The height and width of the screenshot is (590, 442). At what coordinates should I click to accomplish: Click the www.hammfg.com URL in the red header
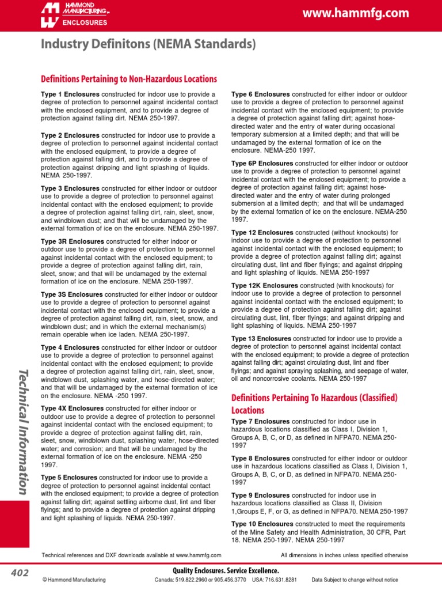tap(364, 13)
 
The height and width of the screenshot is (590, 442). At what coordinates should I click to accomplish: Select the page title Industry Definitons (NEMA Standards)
tap(148, 44)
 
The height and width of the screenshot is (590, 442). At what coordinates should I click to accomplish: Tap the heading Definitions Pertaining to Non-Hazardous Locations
tap(128, 79)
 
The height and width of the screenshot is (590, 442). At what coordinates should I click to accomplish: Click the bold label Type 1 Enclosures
tap(70, 94)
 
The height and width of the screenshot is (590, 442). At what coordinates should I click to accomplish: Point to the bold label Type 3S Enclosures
tap(72, 294)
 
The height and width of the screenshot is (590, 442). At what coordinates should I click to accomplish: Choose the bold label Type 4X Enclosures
tap(72, 409)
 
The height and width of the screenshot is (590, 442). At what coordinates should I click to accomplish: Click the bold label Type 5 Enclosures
tap(70, 478)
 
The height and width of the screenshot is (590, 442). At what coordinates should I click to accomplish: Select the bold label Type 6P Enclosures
tap(262, 164)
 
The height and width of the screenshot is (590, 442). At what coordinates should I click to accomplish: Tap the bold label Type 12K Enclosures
tap(264, 285)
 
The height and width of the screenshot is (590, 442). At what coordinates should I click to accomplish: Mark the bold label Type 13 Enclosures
tap(261, 339)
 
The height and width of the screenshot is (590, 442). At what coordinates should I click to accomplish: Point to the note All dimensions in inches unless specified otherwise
tap(344, 555)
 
